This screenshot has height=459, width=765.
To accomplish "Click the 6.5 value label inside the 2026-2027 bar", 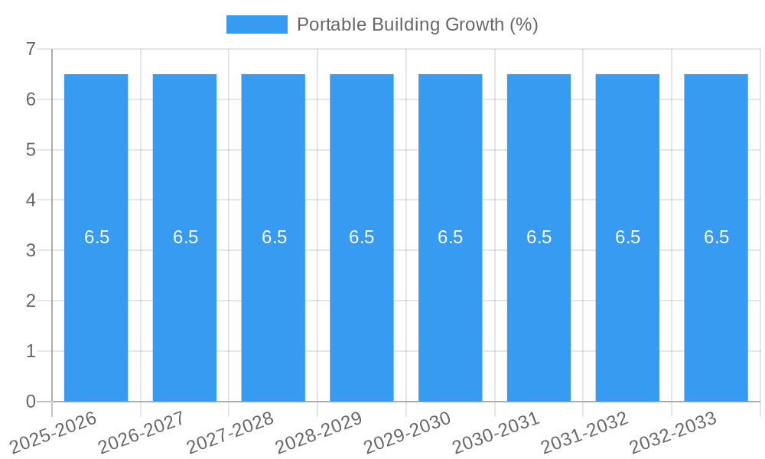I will [185, 237].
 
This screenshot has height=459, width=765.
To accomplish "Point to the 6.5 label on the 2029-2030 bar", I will [451, 237].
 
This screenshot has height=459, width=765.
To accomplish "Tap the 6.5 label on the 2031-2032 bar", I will [627, 237].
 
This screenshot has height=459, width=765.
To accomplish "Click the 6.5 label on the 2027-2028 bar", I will [274, 237].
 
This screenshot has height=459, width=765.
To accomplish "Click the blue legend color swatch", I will [256, 24].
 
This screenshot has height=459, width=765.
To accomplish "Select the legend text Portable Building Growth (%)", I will [417, 24].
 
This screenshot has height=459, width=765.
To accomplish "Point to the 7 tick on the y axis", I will [31, 50].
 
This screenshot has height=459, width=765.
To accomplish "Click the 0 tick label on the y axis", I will [31, 402].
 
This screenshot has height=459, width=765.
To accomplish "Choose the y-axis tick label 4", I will [31, 200].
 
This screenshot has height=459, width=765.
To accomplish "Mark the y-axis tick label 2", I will [31, 301].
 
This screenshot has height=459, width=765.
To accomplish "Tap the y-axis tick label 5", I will [31, 150].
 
